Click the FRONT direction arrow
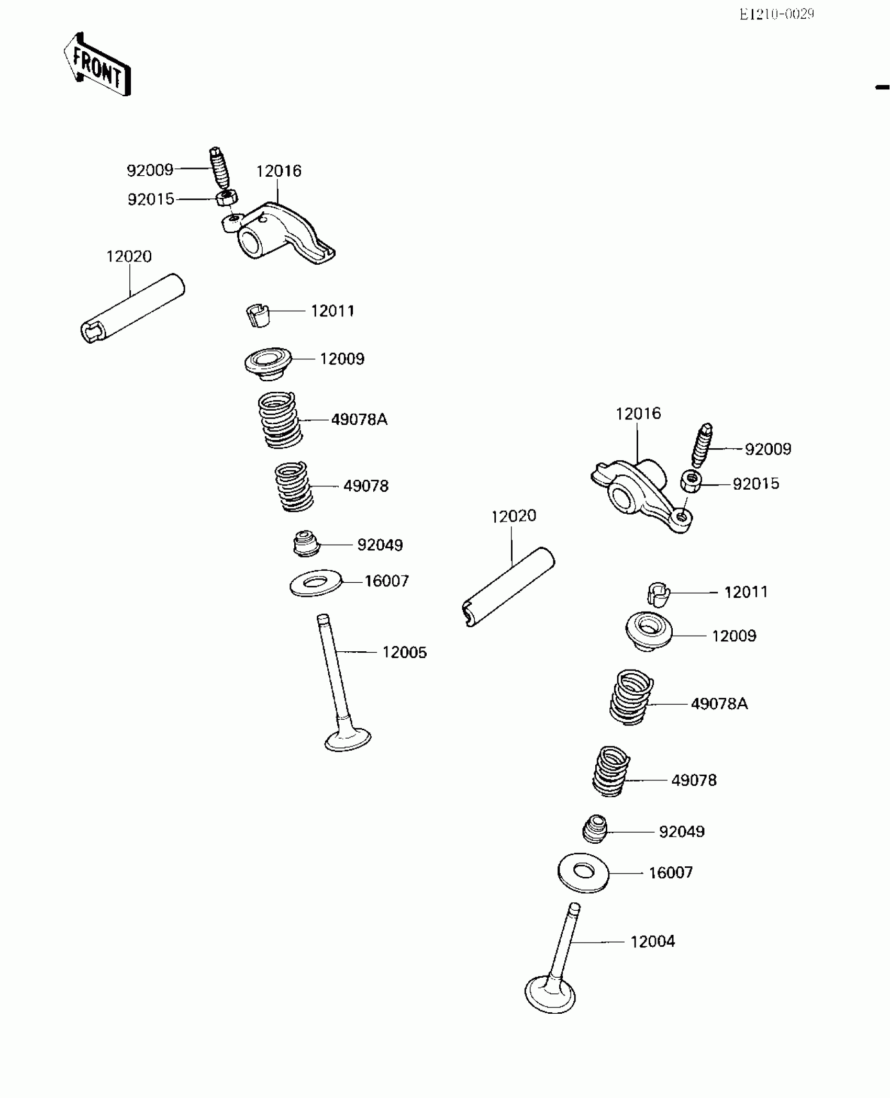[x=98, y=65]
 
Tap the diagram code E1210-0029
[x=776, y=15]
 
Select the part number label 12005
[x=404, y=652]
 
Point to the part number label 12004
[x=652, y=942]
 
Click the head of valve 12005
[x=348, y=739]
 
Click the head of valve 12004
[x=550, y=994]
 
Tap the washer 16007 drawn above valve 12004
[x=583, y=873]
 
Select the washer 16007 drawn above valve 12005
[x=316, y=582]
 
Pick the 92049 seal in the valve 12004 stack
[x=595, y=829]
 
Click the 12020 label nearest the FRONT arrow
[x=129, y=256]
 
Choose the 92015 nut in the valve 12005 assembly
[x=227, y=198]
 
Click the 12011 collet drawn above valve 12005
[x=258, y=314]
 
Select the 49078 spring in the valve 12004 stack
[x=611, y=772]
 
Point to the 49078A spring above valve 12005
[x=280, y=420]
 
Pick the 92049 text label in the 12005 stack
[x=380, y=545]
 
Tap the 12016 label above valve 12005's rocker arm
[x=279, y=171]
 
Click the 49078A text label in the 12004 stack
[x=719, y=704]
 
